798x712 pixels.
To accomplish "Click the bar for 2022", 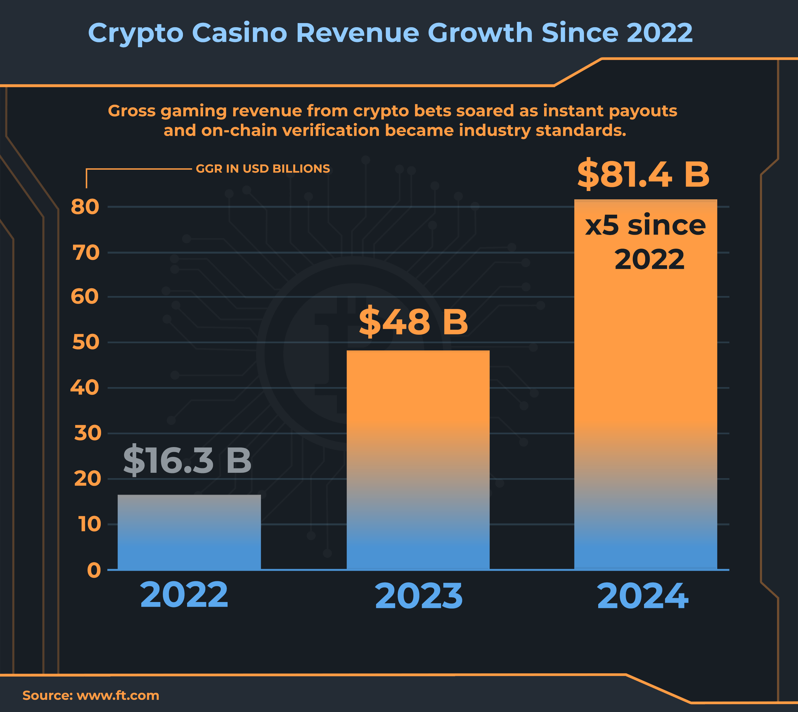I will coord(189,532).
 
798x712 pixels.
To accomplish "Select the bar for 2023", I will coord(418,460).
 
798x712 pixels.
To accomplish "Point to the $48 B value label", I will coord(413,322).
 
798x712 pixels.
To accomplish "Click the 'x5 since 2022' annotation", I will coord(646,242).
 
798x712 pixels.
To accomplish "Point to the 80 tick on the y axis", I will coord(85,207).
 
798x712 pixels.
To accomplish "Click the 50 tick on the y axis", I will coord(86,342).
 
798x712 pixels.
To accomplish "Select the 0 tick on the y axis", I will coord(94,570).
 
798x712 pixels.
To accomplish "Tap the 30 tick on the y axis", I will coord(87,433).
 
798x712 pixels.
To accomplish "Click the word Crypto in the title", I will coord(136,34).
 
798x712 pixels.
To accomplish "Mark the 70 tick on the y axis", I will coord(86,253).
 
